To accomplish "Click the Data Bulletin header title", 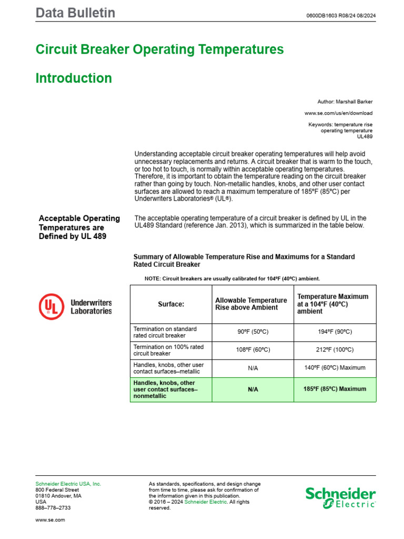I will [75, 13].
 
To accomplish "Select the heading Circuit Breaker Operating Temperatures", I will [159, 49].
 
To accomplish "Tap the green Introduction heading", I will [74, 78].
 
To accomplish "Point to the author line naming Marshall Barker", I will [345, 101].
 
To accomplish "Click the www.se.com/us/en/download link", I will [338, 113].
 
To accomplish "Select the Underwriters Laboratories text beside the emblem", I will [91, 307].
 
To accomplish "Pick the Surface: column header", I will [171, 304].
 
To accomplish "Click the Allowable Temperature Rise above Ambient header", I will [251, 304].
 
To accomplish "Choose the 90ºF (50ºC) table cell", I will [253, 332].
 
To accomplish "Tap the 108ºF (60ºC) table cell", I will [253, 350].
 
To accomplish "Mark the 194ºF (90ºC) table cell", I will [335, 332].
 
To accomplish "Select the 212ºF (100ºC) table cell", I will [335, 350].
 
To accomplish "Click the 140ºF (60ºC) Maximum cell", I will [335, 368].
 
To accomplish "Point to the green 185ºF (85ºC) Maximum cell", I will [335, 389].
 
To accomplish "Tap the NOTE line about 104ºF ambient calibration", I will [231, 278].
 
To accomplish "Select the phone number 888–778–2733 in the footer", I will [53, 508].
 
